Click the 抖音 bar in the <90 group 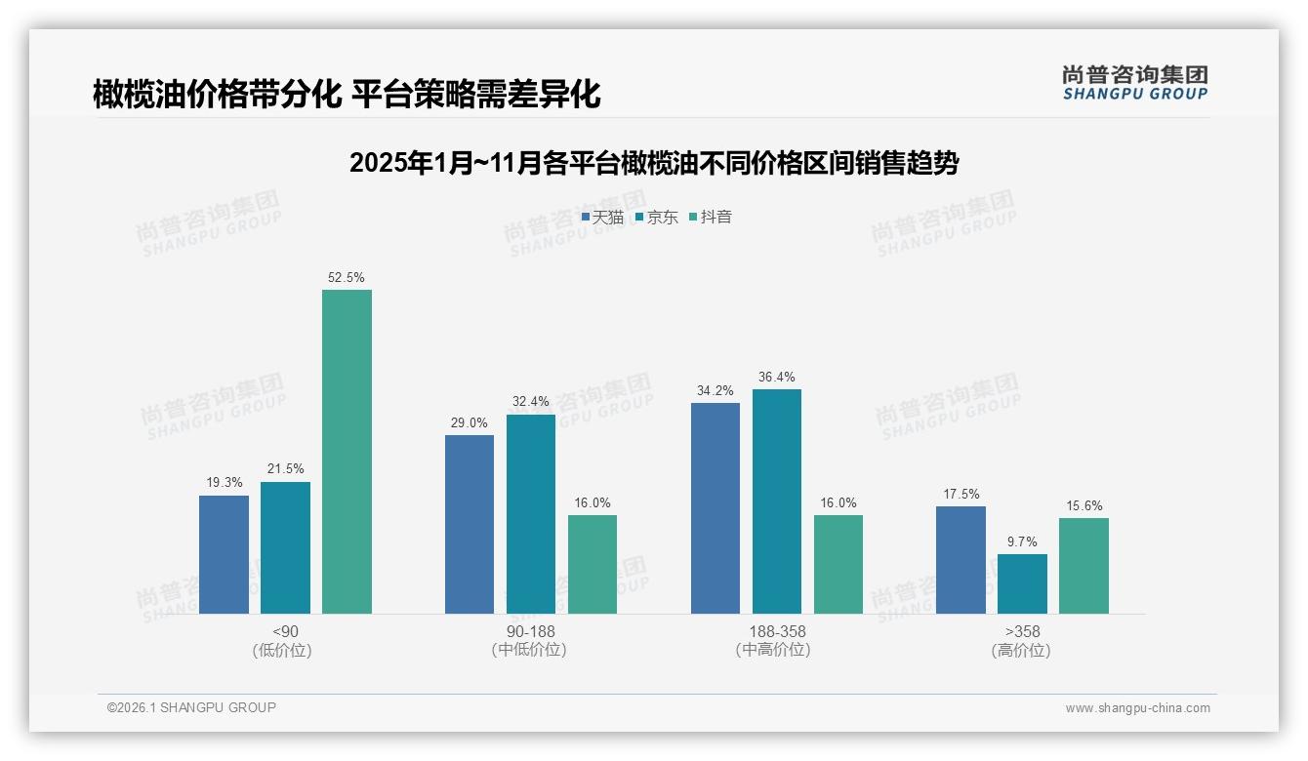click(x=347, y=452)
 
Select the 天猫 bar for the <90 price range click(x=224, y=554)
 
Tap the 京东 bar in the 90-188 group click(x=530, y=514)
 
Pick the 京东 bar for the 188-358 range click(x=776, y=501)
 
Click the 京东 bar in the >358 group click(x=1022, y=583)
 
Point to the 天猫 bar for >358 click(x=961, y=560)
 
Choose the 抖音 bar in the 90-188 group click(x=593, y=564)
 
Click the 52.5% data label click(x=347, y=278)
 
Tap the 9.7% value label click(x=1022, y=542)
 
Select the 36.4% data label click(x=776, y=378)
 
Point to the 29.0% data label click(x=470, y=422)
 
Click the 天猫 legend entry click(x=602, y=218)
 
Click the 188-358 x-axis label click(x=777, y=631)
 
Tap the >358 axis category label click(x=1022, y=631)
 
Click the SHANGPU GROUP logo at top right click(x=1134, y=83)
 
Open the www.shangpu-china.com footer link click(x=1137, y=708)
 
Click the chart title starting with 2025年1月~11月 click(x=654, y=163)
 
